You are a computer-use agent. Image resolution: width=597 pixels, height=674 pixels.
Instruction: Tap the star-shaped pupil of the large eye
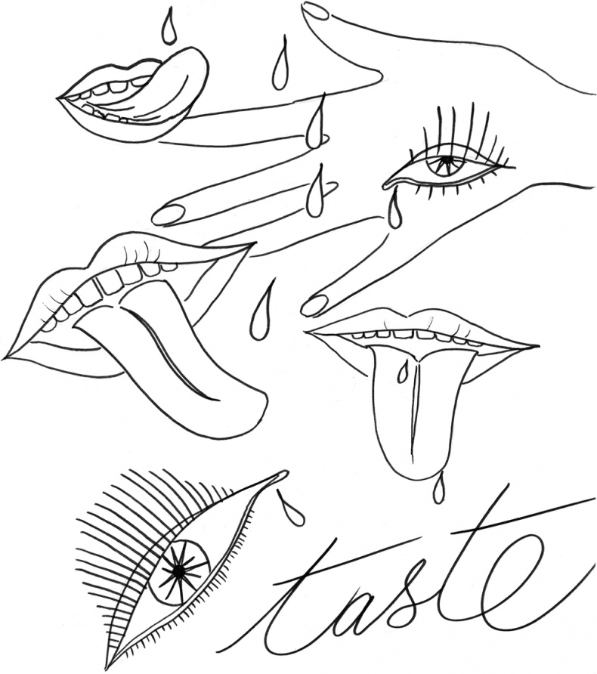tap(178, 570)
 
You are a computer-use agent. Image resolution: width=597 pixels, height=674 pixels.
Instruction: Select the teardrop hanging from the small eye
tap(394, 212)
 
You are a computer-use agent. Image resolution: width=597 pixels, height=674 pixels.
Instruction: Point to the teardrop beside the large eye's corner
tap(290, 508)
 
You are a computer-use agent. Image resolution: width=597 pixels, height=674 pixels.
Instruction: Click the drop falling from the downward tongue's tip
tap(438, 488)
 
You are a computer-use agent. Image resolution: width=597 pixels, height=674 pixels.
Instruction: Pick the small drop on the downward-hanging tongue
tap(402, 373)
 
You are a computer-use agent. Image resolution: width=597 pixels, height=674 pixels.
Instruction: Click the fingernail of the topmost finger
tap(315, 11)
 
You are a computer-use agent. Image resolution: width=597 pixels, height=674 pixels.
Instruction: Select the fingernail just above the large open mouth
tap(168, 214)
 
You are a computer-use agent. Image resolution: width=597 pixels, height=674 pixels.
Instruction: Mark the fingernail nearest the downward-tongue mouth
tap(314, 305)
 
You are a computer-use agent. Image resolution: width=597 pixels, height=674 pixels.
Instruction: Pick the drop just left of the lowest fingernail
tap(261, 311)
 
